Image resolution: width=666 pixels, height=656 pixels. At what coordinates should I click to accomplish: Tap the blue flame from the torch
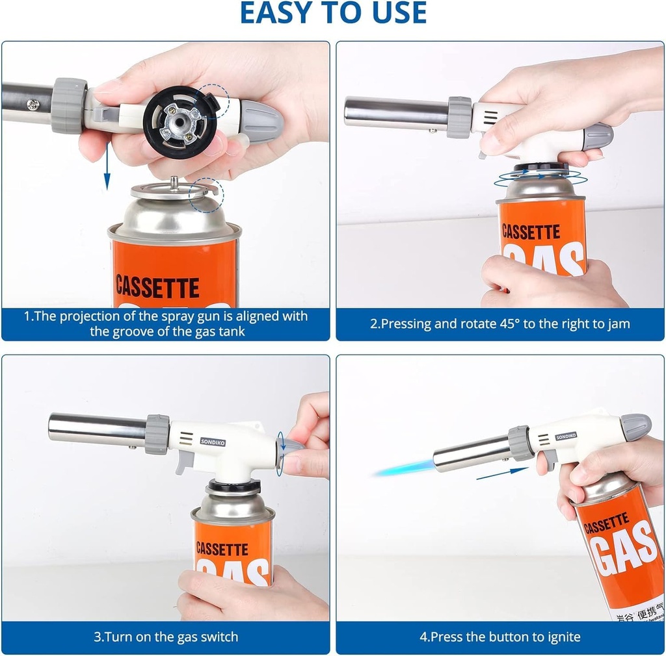[x=403, y=467]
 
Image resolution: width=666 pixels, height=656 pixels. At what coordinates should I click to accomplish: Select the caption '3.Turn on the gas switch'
[x=166, y=637]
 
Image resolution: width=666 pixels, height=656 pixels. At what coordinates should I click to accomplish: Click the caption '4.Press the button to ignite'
[x=499, y=637]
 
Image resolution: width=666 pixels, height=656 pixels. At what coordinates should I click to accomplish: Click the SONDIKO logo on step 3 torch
[x=213, y=442]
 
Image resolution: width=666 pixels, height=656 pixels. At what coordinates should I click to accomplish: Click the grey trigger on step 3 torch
[x=184, y=462]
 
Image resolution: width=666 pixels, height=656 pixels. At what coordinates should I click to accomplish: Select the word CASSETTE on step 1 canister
[x=157, y=286]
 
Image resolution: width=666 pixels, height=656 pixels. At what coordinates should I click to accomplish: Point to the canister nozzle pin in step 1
[x=174, y=182]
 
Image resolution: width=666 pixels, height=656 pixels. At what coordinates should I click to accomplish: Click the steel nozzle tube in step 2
[x=395, y=113]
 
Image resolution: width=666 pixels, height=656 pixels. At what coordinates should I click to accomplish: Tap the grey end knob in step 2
[x=597, y=136]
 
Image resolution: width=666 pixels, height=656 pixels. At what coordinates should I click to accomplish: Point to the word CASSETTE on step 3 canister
[x=222, y=549]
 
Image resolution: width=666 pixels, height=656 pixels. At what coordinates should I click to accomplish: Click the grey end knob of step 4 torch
[x=635, y=426]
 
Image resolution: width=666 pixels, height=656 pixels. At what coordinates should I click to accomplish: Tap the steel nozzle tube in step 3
[x=98, y=429]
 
